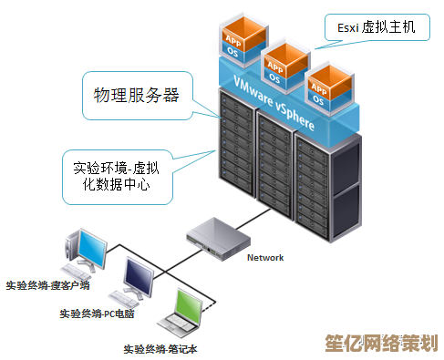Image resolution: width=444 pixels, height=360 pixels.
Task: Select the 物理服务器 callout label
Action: pos(137,95)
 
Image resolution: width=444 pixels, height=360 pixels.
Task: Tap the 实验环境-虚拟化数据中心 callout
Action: pos(116,176)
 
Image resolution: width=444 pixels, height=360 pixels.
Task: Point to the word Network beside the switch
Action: pos(265,257)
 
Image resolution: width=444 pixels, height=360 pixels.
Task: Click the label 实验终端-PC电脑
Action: pos(98,314)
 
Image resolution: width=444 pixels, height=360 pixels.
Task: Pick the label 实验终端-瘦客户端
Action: pos(47,285)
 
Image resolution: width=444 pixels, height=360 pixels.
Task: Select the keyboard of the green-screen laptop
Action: pos(180,324)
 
